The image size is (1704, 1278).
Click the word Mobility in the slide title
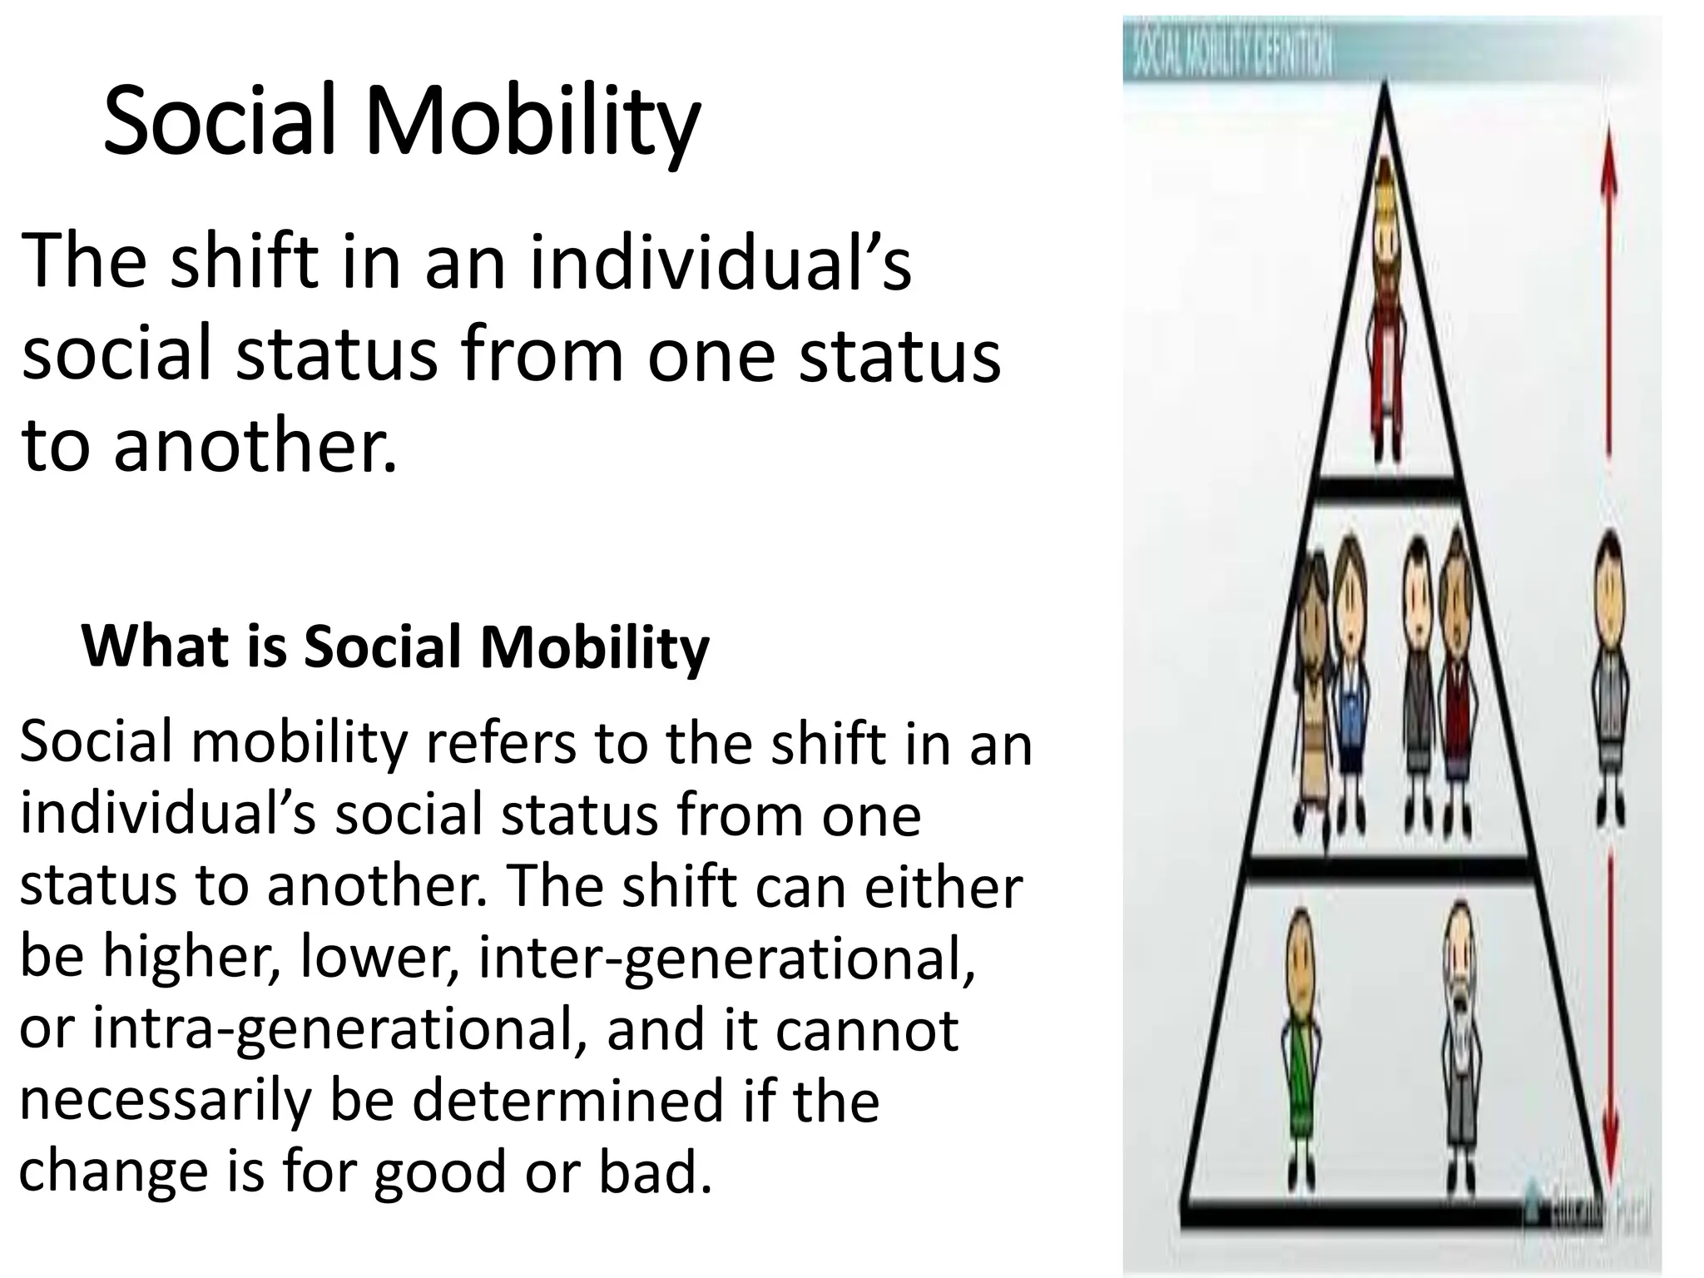click(532, 123)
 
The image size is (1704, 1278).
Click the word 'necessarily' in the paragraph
click(164, 1100)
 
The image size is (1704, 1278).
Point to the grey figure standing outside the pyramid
click(1609, 674)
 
